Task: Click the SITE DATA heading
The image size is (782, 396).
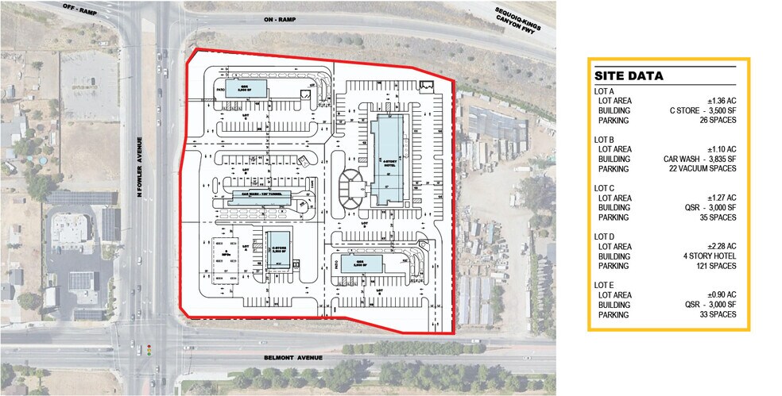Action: (x=629, y=77)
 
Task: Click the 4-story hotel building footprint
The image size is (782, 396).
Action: (x=388, y=159)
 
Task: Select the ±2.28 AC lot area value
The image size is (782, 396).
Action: (x=722, y=246)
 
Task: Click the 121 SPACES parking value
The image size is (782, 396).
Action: (x=717, y=266)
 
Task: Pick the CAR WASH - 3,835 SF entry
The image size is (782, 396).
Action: (x=700, y=159)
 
